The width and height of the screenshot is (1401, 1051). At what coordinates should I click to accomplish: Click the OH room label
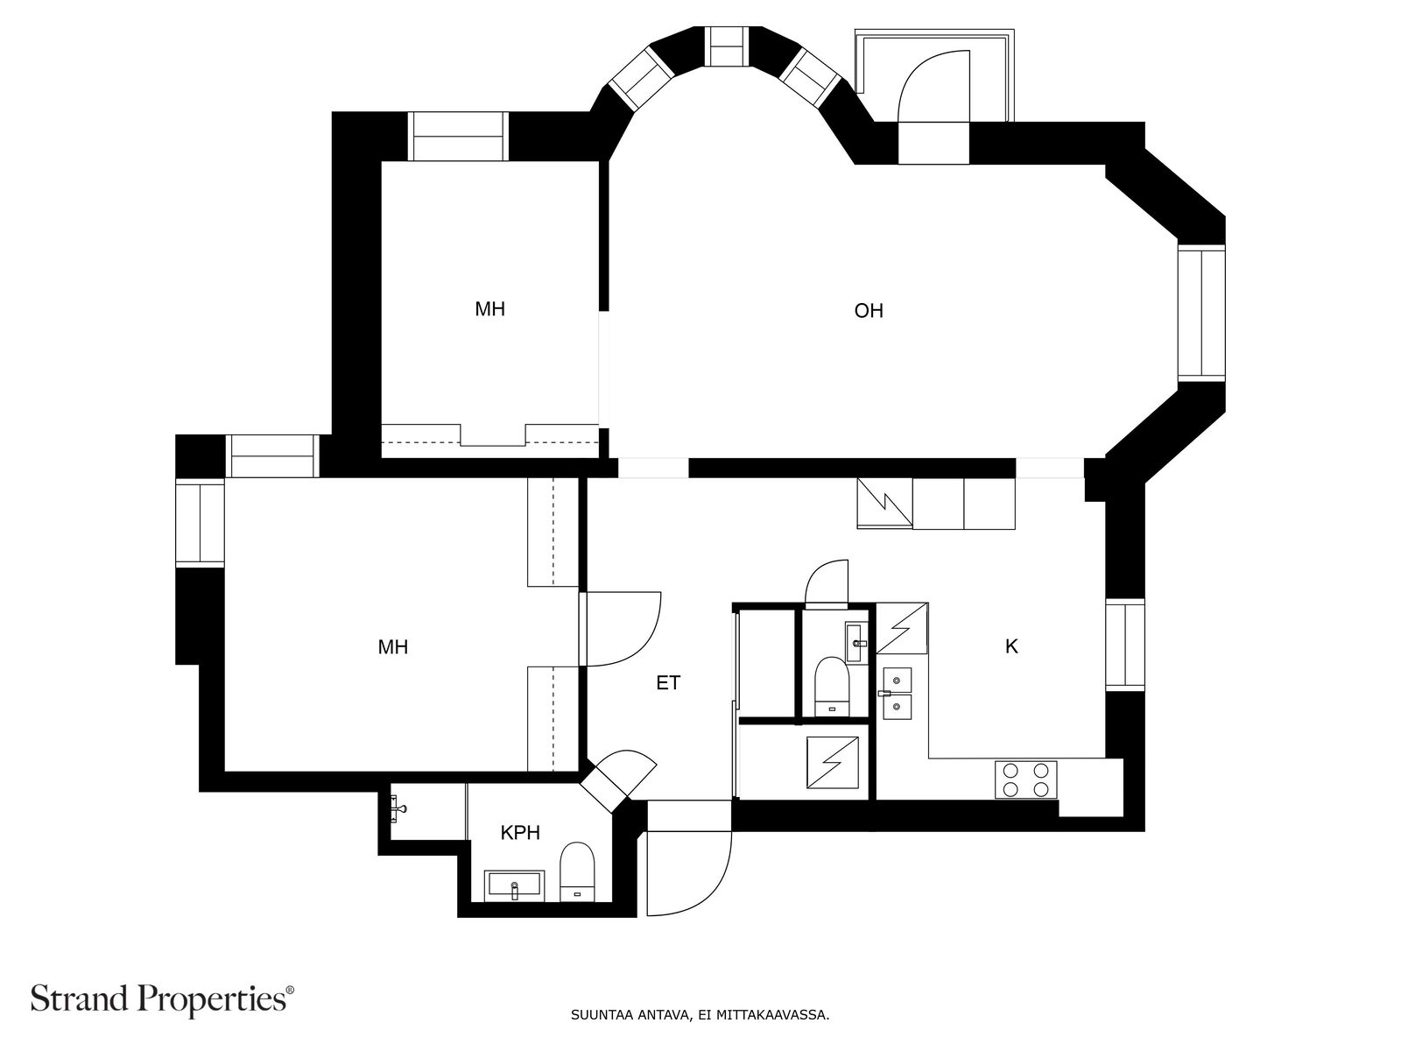point(868,311)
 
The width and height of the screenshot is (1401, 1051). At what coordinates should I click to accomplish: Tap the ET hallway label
point(667,683)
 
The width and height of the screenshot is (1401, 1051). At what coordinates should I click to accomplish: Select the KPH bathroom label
point(520,833)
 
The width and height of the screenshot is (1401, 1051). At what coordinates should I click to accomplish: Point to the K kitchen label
point(1011,646)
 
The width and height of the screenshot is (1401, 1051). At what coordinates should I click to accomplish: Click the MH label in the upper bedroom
point(489,309)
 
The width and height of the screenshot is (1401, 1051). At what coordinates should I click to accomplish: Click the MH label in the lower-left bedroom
point(392,647)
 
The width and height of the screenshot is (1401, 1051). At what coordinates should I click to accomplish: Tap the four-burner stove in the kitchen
point(1025,779)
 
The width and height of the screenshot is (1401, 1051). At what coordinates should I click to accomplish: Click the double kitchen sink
point(897,693)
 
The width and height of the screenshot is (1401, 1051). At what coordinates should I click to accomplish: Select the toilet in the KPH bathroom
point(577,871)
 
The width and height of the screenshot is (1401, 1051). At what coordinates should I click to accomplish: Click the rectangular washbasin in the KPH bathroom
point(514,885)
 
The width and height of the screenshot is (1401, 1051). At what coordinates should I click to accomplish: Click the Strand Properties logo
point(163,998)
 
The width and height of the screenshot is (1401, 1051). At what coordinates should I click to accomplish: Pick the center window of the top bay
point(728,46)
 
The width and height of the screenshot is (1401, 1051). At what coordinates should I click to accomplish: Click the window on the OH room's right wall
point(1201,313)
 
